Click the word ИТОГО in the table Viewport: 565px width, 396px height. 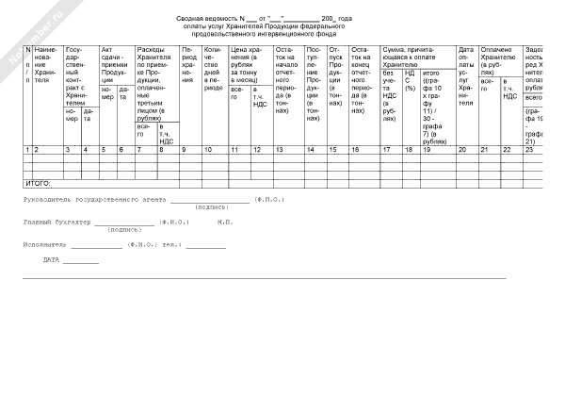[37, 182]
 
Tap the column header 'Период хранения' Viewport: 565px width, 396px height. [188, 63]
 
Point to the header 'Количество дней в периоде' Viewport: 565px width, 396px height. [214, 69]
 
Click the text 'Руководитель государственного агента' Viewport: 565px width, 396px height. [94, 200]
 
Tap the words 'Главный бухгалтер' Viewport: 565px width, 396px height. [56, 223]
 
